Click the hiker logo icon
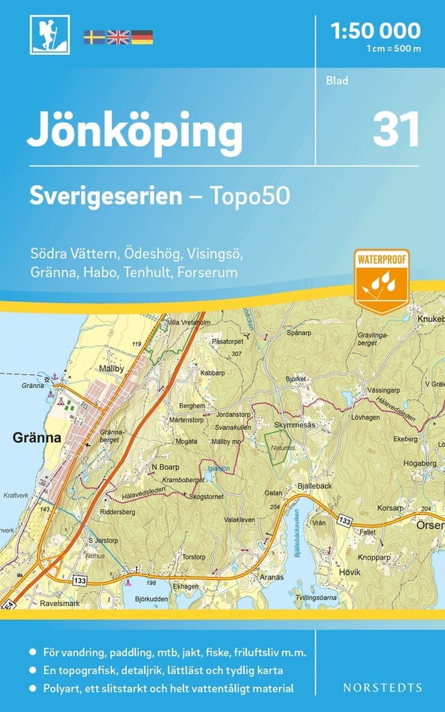[x=50, y=35]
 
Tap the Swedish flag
[x=94, y=37]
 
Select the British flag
[x=118, y=37]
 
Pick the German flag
[x=142, y=37]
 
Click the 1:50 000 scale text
[x=376, y=30]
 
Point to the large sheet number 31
[x=396, y=130]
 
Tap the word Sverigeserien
[x=106, y=196]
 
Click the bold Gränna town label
[x=37, y=438]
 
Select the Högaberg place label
[x=419, y=463]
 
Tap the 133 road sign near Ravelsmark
[x=80, y=580]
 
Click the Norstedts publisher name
[x=382, y=687]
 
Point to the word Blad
[x=337, y=81]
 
